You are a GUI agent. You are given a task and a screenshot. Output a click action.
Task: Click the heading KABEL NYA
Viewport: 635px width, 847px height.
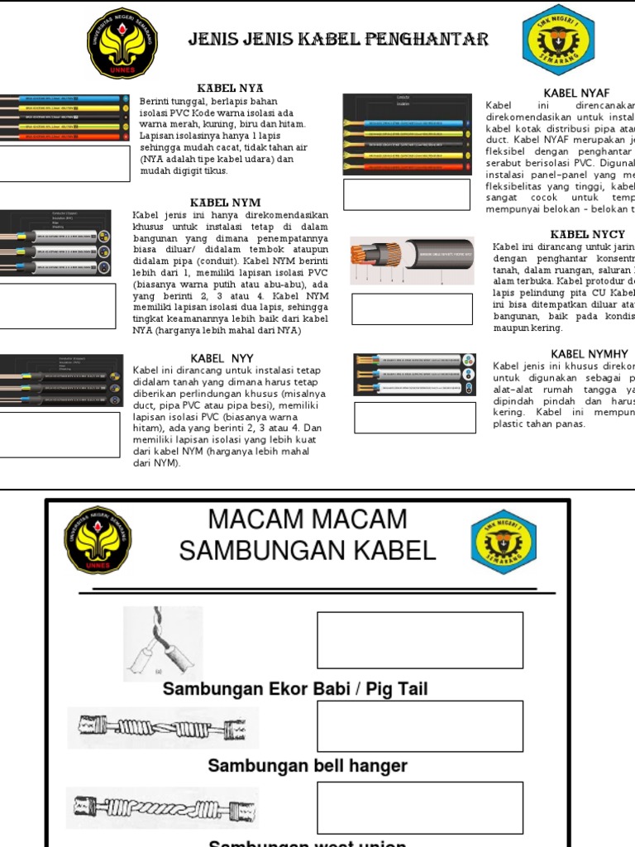[x=230, y=88]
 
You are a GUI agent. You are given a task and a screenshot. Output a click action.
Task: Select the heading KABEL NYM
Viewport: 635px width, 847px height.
[x=225, y=203]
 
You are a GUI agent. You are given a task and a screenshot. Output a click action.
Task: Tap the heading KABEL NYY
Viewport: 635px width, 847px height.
[x=226, y=357]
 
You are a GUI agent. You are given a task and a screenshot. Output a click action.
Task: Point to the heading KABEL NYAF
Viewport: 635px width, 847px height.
[x=576, y=93]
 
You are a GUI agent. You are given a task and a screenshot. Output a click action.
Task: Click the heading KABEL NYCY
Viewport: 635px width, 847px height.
[x=587, y=234]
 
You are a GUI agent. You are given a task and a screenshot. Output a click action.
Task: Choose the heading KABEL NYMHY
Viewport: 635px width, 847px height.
[x=589, y=354]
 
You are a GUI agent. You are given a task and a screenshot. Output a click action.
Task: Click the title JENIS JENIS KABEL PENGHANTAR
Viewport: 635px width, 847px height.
[x=338, y=40]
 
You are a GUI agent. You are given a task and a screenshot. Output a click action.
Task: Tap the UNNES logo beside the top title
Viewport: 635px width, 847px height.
[x=122, y=43]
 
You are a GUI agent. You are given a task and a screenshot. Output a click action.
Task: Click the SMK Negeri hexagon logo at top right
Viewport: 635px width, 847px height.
[x=557, y=39]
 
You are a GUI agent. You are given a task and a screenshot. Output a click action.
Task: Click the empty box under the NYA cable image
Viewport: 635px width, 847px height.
[x=64, y=164]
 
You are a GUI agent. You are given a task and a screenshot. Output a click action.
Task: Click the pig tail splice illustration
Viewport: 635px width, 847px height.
[x=163, y=644]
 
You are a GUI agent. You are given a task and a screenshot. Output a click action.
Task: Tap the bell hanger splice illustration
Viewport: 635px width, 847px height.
[x=163, y=727]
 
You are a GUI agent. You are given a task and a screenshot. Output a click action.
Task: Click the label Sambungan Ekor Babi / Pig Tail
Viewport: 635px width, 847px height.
[x=295, y=689]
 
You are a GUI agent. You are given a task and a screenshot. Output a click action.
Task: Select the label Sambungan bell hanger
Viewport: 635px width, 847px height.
[x=308, y=766]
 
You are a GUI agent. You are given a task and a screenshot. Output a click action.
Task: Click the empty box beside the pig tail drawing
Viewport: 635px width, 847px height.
[x=420, y=640]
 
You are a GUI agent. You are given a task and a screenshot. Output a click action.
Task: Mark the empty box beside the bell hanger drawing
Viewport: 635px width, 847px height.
[x=420, y=725]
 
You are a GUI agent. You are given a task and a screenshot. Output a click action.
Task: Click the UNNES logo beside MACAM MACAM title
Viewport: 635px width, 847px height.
[x=98, y=539]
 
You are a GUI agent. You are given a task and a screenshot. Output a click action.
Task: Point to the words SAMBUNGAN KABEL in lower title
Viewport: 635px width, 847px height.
[x=308, y=550]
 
